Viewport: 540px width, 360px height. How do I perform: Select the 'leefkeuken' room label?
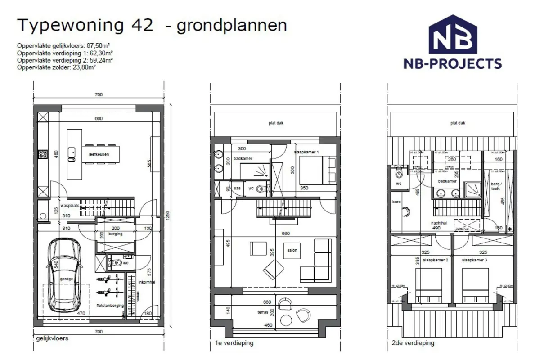click(99, 154)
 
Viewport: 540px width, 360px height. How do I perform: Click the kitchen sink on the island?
click(72, 154)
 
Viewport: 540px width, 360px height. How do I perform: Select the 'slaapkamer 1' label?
click(307, 152)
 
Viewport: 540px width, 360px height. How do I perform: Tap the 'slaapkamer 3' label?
click(472, 261)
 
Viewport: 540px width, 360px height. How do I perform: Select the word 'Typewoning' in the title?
click(70, 26)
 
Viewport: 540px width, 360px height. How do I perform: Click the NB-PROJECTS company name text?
click(452, 64)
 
